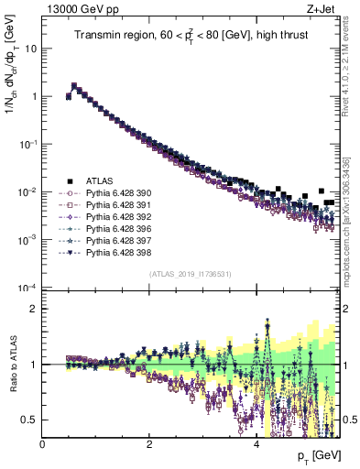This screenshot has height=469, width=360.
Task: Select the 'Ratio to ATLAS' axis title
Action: tap(12, 366)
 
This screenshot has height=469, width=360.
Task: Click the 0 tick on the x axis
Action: tap(43, 444)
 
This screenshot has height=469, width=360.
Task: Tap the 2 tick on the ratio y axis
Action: tap(34, 309)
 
